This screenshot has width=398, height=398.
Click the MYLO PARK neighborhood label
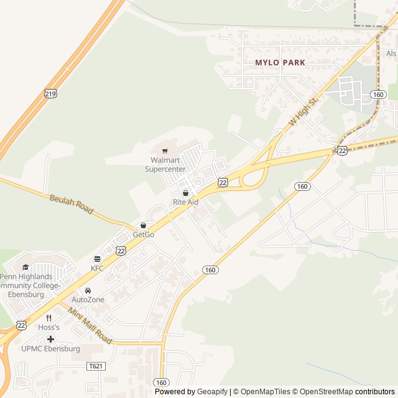click(x=280, y=63)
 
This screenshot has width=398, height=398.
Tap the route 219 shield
click(x=50, y=93)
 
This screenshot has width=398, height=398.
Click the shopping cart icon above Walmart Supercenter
click(x=165, y=150)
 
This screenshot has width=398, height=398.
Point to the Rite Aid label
click(x=185, y=203)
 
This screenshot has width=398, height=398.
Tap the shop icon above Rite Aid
click(x=185, y=193)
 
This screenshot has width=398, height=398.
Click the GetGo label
click(x=143, y=235)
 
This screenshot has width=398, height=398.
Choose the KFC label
click(x=97, y=269)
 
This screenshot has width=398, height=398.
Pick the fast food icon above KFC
click(x=97, y=259)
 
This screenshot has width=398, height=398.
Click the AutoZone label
click(x=88, y=300)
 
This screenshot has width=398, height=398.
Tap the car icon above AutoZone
click(x=88, y=290)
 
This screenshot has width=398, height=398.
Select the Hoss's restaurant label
click(x=49, y=327)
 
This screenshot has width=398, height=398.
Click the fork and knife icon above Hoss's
click(x=49, y=318)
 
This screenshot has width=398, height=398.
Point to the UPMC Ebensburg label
click(x=50, y=349)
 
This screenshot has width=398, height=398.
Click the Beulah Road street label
click(x=71, y=204)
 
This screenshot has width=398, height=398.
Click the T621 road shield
click(x=95, y=366)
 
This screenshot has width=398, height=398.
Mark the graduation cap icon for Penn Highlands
click(x=25, y=267)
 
